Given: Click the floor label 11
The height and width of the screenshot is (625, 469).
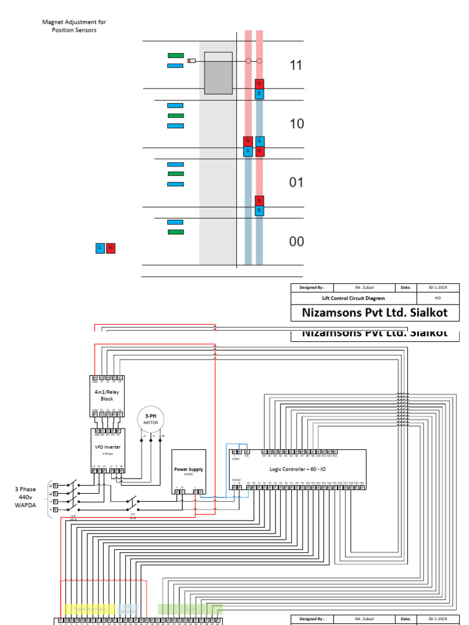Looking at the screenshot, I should pos(296,65).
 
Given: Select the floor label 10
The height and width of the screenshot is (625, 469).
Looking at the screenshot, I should pos(296,124).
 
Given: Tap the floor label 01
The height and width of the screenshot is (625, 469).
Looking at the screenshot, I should pos(296,182).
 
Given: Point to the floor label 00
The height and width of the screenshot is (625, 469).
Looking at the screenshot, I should pos(296,242).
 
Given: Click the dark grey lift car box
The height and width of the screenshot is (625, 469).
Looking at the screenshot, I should pos(218,73).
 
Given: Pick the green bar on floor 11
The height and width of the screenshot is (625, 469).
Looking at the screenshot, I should pos(175,56).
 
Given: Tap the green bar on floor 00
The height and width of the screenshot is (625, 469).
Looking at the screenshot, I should pos(175,232).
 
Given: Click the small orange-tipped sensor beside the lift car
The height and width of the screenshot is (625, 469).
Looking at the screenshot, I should pos(192,61).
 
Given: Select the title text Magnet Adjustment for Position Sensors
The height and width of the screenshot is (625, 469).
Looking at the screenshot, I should pos(74,26).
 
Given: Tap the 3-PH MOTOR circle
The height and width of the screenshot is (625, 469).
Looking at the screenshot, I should pos(150,418).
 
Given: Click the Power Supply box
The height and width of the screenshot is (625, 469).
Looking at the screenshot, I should pos(189,471).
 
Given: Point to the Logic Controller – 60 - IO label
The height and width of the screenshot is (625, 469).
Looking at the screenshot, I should pos(297,469).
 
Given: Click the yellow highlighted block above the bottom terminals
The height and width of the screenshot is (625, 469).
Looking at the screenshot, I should pos(88,609).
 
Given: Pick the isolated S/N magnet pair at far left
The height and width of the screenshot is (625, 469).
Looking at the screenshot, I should pos(105,248).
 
